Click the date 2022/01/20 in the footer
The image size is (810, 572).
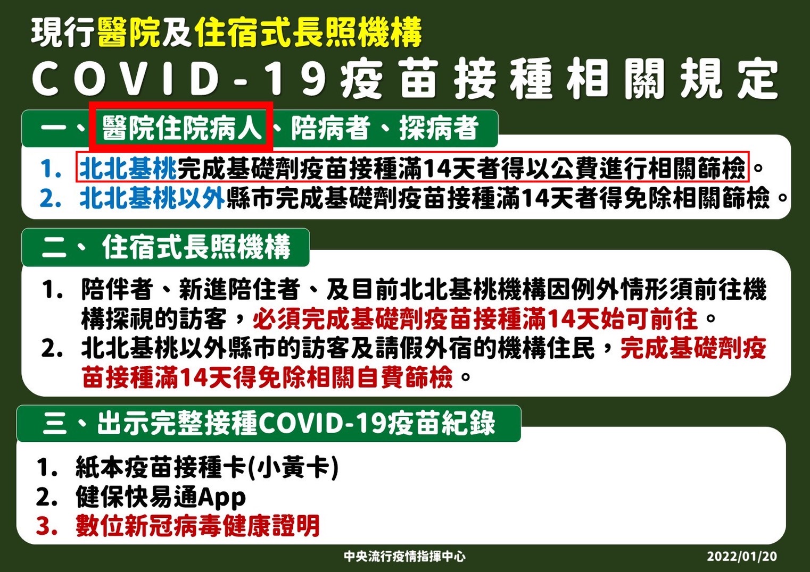pyautogui.click(x=742, y=556)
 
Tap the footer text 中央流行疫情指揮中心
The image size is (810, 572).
pyautogui.click(x=404, y=556)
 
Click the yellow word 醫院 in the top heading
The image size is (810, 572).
pyautogui.click(x=128, y=33)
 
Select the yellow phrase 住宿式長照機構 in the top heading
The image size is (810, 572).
pyautogui.click(x=308, y=33)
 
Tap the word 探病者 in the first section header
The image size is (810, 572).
pyautogui.click(x=439, y=128)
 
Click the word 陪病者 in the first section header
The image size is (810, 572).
pyautogui.click(x=331, y=128)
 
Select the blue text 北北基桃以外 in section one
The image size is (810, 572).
pyautogui.click(x=152, y=198)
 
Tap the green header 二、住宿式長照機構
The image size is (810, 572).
pyautogui.click(x=166, y=247)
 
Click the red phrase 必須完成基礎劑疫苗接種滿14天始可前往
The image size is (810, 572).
pyautogui.click(x=475, y=318)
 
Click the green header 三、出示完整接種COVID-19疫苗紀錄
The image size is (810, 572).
pyautogui.click(x=269, y=423)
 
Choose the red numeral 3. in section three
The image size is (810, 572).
pyautogui.click(x=47, y=526)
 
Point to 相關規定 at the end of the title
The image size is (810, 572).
pyautogui.click(x=672, y=79)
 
